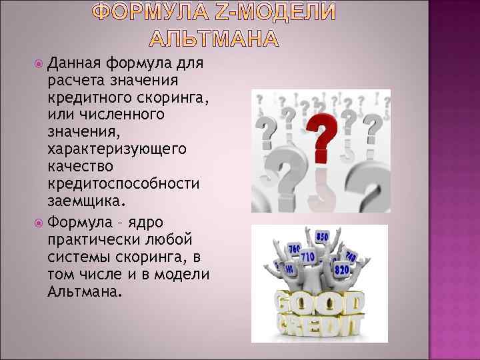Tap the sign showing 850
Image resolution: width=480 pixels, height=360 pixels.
point(323,237)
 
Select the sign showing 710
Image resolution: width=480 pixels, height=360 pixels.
point(307,255)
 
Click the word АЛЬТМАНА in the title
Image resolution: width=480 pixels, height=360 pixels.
point(211,39)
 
